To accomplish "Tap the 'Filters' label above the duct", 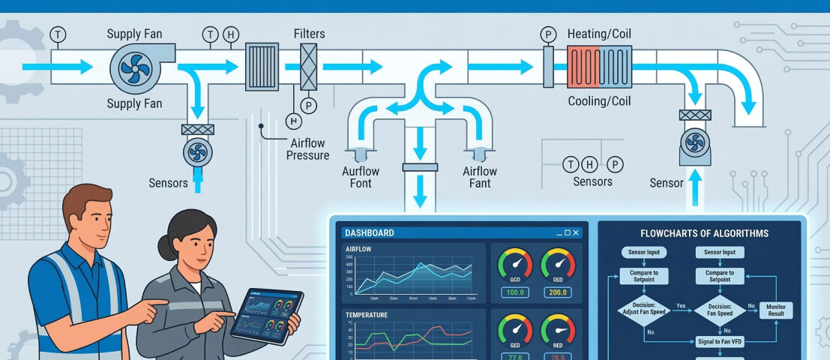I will coord(310,34).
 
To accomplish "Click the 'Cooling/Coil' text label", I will coord(599,101).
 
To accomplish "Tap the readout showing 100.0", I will coord(515,292).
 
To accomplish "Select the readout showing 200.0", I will coord(558,292).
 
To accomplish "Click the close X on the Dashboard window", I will coord(576,233).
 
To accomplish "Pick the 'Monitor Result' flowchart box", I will coord(776,310).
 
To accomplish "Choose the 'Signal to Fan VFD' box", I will coord(721,340).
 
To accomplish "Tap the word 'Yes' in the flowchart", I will coord(680,306).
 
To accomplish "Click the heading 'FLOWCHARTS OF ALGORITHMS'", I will coord(704,233).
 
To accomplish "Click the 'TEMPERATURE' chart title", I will coord(367,316).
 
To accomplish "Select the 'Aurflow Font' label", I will coord(361,177).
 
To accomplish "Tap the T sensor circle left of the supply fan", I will coord(58,34).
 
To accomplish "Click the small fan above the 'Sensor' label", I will coord(695,140).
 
